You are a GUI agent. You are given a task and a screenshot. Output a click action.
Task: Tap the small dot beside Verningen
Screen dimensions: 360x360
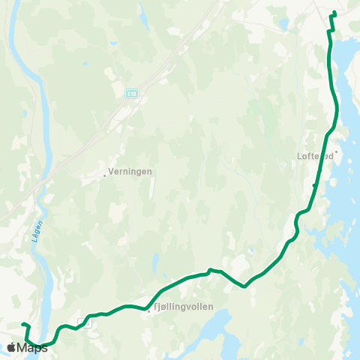coord(104,175)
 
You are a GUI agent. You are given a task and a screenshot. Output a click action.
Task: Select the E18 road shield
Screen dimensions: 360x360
coord(132,93)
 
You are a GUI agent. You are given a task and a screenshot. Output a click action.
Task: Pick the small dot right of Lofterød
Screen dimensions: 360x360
coord(337,151)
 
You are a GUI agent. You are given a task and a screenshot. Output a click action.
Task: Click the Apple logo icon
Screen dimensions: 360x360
coord(11,347)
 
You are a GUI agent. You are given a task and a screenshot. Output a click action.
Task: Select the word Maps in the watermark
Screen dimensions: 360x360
coord(32,348)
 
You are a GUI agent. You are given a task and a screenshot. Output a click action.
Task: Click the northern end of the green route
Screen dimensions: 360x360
coord(334,13)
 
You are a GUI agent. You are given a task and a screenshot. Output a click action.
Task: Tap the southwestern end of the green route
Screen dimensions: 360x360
coord(23,324)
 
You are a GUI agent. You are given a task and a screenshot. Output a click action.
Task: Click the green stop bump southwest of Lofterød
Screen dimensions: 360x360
coord(314,184)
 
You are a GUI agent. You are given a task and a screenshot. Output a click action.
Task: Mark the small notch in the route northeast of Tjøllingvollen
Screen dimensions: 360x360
coord(210,270)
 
